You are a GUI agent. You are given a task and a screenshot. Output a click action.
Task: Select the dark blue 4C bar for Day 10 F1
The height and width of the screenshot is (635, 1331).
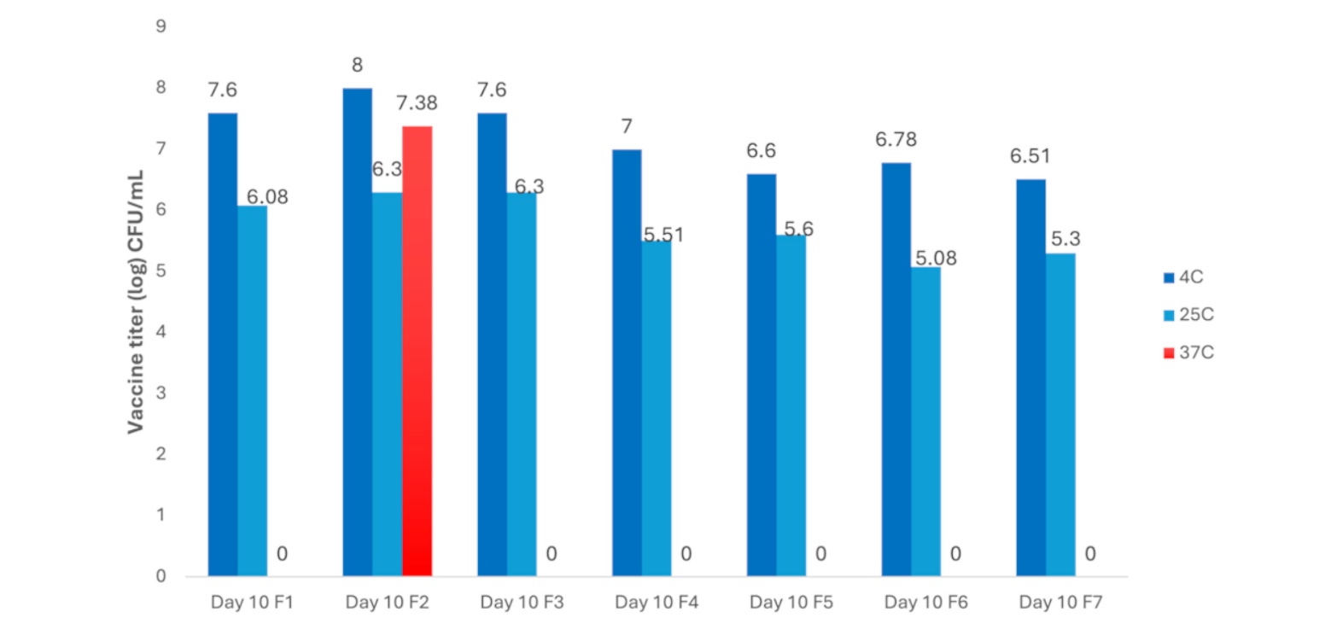coord(223,344)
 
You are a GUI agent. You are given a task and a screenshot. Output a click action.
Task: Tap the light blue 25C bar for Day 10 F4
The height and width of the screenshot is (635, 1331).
coord(656,409)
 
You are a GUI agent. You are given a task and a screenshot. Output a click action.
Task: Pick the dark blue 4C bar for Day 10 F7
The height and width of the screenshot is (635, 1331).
coord(1030,377)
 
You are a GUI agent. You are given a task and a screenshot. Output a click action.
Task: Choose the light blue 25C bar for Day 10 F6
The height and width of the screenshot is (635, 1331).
coord(925,422)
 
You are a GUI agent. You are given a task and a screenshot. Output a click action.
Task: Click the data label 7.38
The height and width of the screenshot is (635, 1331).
coord(417,104)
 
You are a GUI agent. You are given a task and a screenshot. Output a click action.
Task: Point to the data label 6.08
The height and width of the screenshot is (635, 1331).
coord(267,196)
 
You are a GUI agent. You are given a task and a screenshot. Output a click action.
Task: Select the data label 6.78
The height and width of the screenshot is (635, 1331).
coord(896,140)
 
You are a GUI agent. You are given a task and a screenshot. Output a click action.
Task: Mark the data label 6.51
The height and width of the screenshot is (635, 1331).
coord(1030,156)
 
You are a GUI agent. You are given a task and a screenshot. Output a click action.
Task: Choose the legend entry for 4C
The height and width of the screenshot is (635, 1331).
coord(1183,277)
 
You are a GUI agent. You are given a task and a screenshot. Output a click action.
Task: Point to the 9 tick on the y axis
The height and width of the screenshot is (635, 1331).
coord(161,26)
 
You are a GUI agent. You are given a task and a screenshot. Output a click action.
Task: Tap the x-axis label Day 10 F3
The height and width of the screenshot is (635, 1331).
coord(522,603)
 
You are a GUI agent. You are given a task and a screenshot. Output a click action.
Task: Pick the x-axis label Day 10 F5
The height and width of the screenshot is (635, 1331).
coord(791,603)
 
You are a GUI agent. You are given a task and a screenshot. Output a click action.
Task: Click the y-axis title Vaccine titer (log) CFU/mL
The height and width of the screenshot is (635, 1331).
coord(136,301)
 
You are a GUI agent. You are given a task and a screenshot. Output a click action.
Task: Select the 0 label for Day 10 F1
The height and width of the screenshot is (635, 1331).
coord(282,555)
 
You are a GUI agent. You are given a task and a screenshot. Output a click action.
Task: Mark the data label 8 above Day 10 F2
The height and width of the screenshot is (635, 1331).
coord(357,67)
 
